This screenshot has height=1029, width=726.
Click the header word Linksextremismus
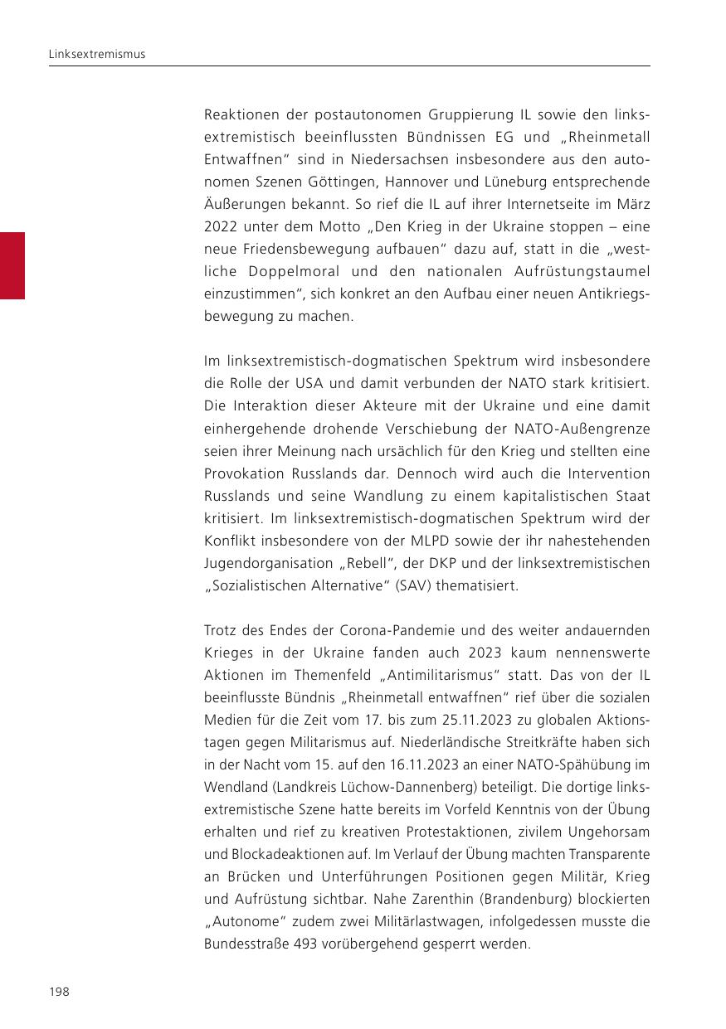(96, 54)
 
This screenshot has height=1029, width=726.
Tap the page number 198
(58, 992)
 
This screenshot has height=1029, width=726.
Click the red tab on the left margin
(12, 265)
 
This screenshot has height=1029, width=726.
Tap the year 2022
(221, 226)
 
